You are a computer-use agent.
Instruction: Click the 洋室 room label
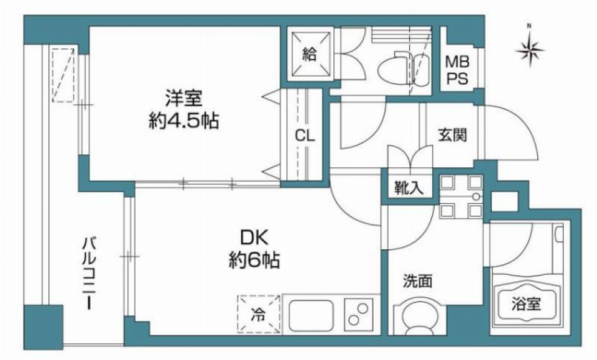[184, 98]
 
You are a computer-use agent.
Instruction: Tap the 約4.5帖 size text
[184, 121]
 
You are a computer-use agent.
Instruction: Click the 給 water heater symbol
[310, 55]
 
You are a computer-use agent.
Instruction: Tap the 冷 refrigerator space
[258, 315]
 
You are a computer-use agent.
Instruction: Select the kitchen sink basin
[310, 315]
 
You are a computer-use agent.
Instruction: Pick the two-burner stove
[359, 315]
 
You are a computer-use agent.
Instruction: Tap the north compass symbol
[530, 48]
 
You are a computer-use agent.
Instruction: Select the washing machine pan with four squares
[461, 196]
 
